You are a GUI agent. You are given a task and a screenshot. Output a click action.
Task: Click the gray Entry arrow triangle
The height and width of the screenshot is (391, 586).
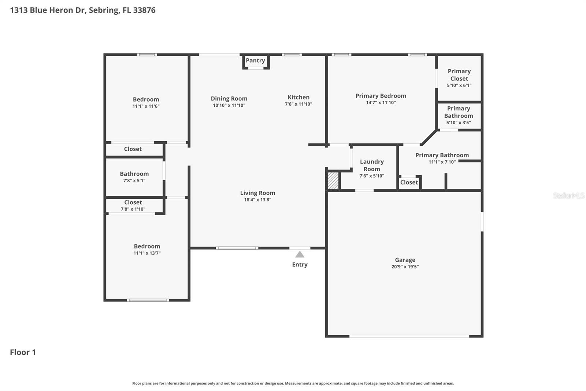(300, 255)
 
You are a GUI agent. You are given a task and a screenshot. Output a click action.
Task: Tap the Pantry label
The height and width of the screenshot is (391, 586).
(255, 61)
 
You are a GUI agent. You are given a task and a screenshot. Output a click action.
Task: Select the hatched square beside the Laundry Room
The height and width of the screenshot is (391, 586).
(333, 181)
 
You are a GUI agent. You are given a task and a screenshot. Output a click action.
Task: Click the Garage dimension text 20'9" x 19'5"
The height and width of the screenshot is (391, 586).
(405, 267)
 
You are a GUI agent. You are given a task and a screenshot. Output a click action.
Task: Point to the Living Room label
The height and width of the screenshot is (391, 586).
(257, 193)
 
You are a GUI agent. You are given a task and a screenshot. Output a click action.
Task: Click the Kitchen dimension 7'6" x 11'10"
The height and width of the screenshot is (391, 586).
(298, 104)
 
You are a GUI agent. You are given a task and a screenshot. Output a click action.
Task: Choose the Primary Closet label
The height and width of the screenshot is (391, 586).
(459, 75)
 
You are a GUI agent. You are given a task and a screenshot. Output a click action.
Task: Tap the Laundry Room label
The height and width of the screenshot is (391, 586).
(372, 165)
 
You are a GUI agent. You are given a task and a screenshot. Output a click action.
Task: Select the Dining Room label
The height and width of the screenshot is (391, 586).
(229, 99)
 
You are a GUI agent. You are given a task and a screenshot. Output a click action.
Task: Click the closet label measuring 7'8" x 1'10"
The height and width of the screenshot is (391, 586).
(133, 202)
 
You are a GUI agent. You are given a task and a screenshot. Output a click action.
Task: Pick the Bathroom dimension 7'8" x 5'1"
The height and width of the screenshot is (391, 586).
(134, 180)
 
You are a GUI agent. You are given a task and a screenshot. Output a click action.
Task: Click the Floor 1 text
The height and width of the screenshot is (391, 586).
(23, 352)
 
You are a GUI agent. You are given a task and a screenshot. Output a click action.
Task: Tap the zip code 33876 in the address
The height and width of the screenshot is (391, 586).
(144, 10)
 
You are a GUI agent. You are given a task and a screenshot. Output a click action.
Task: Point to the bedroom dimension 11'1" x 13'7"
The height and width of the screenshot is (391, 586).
(147, 253)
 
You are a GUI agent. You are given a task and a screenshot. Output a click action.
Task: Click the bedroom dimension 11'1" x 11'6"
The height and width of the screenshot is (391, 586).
(146, 106)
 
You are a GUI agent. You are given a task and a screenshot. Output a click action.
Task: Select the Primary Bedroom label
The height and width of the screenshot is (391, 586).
(381, 96)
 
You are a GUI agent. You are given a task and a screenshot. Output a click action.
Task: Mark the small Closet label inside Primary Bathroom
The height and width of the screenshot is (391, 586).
(409, 182)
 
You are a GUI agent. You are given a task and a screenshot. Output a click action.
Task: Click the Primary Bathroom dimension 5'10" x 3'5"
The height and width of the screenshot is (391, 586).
(459, 123)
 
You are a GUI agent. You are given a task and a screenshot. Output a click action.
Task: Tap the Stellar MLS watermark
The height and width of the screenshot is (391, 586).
(568, 195)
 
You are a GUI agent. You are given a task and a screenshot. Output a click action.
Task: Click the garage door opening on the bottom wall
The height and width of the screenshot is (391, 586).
(409, 336)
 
